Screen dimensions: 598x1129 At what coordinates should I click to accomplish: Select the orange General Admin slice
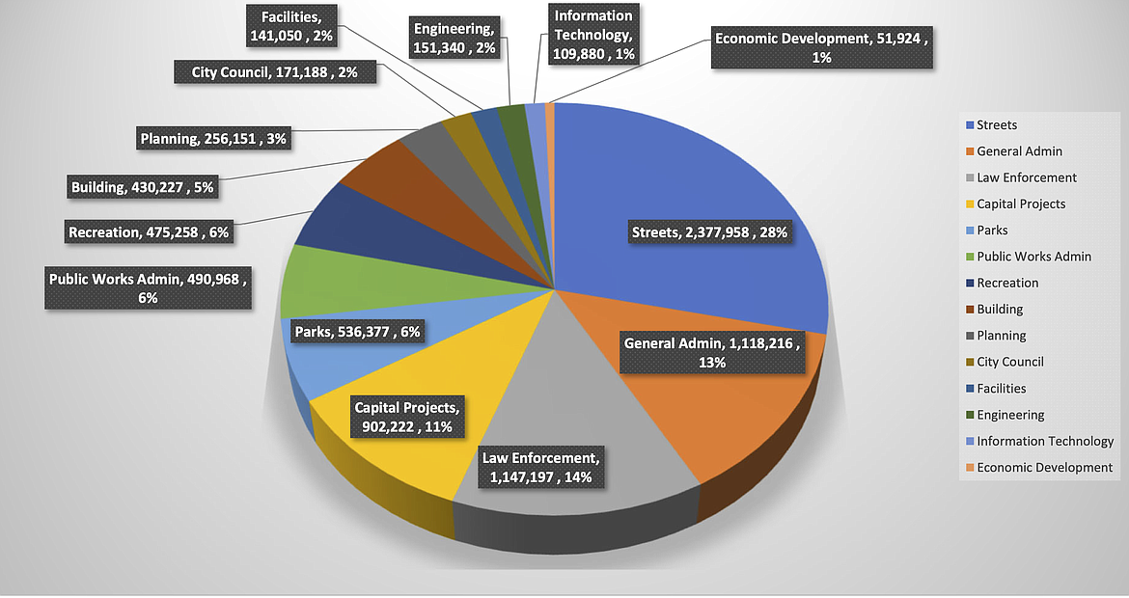pyautogui.click(x=743, y=405)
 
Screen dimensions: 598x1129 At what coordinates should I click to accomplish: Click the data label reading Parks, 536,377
pyautogui.click(x=357, y=332)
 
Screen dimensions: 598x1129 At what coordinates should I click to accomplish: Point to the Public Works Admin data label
pyautogui.click(x=148, y=288)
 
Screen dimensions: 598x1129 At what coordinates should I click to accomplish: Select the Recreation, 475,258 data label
pyautogui.click(x=149, y=232)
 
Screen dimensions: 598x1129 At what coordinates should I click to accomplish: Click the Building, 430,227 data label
pyautogui.click(x=142, y=186)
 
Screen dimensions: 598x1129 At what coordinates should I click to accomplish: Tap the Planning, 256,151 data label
pyautogui.click(x=212, y=139)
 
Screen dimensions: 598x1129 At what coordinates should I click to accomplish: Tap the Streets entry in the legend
pyautogui.click(x=997, y=124)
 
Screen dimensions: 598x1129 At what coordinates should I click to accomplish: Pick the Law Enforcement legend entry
pyautogui.click(x=1027, y=177)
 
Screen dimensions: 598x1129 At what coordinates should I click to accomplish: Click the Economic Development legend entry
pyautogui.click(x=1044, y=467)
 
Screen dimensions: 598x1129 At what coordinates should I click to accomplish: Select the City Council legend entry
pyautogui.click(x=1010, y=362)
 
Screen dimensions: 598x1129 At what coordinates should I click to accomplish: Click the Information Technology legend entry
pyautogui.click(x=1045, y=441)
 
